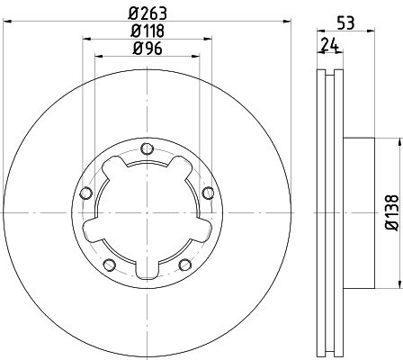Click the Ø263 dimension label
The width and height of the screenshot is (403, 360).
[x=148, y=13]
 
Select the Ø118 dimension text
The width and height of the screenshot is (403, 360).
[x=148, y=31]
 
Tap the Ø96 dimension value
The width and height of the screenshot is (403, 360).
[x=148, y=48]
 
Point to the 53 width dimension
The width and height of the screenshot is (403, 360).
[x=345, y=22]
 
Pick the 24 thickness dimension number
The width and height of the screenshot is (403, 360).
[x=329, y=45]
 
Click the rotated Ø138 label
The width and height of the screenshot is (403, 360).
[x=392, y=212]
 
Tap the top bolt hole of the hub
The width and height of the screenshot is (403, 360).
[x=147, y=148]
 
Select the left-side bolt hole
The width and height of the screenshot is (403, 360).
[x=86, y=193]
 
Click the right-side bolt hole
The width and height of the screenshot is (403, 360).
[x=208, y=193]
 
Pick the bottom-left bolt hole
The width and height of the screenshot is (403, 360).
[x=110, y=265]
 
